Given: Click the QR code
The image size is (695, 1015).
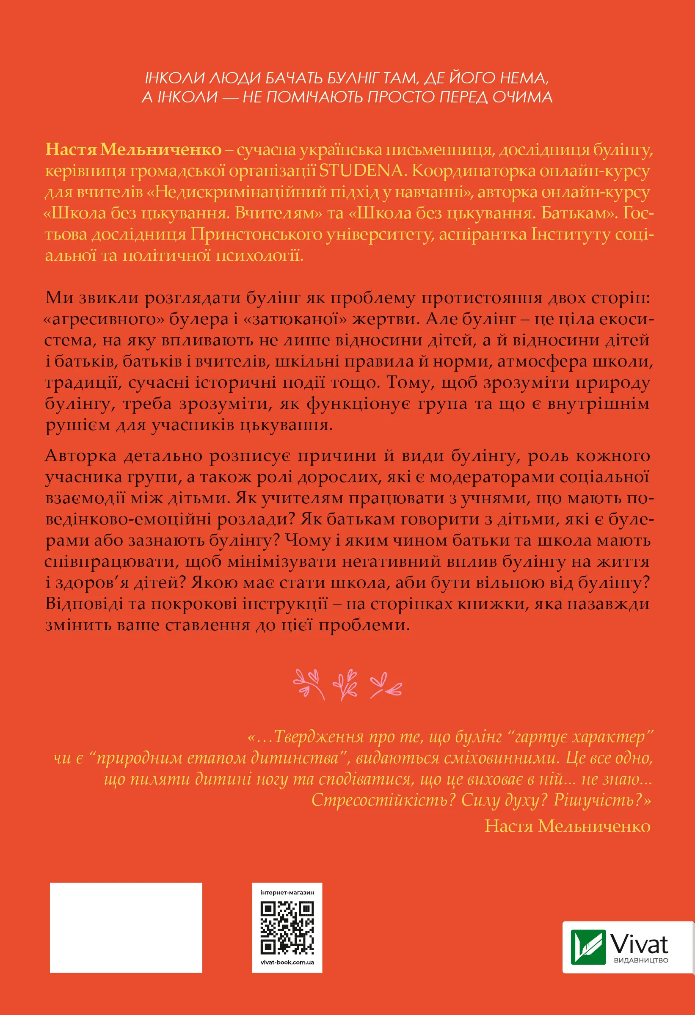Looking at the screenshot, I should [287, 927].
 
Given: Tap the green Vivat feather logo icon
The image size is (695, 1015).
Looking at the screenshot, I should [588, 946].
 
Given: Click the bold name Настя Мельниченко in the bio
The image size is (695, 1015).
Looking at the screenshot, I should [133, 149].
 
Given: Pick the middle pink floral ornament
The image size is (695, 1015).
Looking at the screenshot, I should [345, 684].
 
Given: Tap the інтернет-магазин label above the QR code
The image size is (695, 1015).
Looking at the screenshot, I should [287, 892].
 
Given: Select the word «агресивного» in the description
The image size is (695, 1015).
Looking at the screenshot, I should [105, 319].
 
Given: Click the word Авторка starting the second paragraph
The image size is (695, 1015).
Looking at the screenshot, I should [81, 455].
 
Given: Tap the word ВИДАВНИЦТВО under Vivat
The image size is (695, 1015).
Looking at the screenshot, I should [641, 960].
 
